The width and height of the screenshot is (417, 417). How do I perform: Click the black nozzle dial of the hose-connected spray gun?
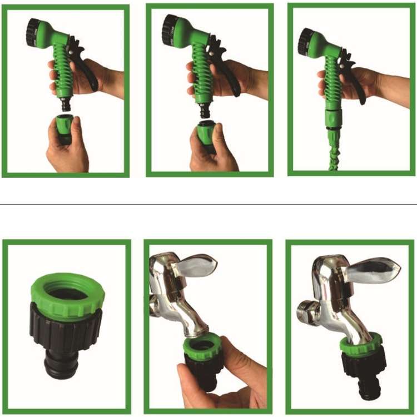click(305, 42)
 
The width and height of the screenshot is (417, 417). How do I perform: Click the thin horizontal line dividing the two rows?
click(209, 204)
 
